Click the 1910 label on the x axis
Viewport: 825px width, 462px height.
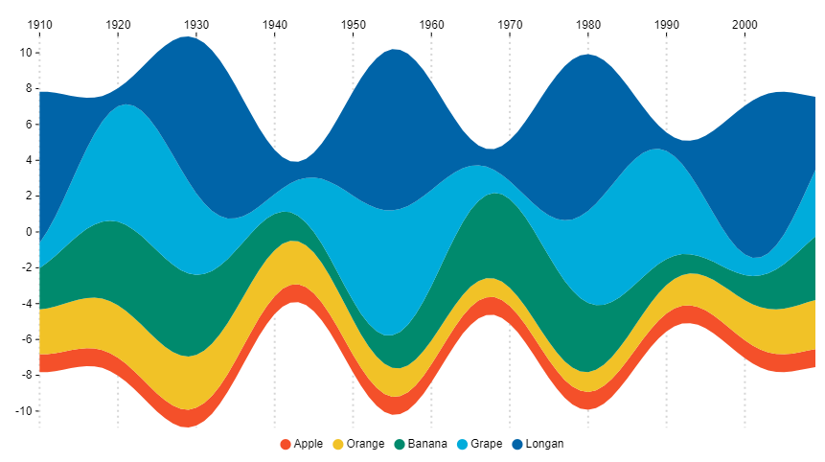[x=39, y=23]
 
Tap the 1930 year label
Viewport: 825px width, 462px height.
[x=196, y=23]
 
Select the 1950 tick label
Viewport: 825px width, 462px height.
[x=353, y=23]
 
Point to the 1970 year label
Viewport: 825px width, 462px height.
[x=510, y=23]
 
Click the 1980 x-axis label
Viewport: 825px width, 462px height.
[x=588, y=23]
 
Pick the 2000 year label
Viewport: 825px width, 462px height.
[x=745, y=23]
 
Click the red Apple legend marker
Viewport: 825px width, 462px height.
[x=286, y=444]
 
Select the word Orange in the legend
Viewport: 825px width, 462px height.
[x=365, y=444]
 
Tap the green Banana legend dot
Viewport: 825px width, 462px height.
[x=400, y=444]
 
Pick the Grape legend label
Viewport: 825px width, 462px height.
[x=487, y=444]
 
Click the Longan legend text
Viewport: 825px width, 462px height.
[x=545, y=444]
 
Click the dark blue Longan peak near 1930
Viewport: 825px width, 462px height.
[x=188, y=58]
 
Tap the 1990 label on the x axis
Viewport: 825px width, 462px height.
[x=666, y=23]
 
